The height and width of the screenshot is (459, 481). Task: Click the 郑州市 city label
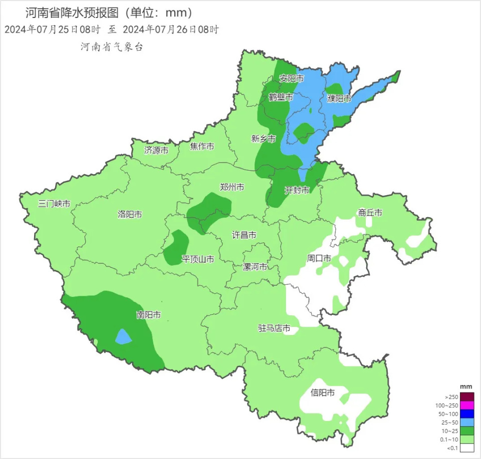click(232, 187)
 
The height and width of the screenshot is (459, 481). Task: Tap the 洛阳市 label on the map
click(130, 214)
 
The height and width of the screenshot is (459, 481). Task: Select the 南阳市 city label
click(149, 315)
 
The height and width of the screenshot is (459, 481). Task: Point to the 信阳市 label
click(323, 392)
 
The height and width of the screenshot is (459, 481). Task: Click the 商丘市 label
click(370, 213)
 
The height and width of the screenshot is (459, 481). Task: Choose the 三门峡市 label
click(54, 204)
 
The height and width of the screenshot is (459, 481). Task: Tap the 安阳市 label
click(292, 79)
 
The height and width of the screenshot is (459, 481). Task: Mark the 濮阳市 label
click(339, 98)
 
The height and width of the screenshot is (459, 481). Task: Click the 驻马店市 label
click(274, 328)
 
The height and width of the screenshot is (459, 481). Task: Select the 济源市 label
click(156, 150)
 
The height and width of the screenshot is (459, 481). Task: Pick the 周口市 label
click(319, 258)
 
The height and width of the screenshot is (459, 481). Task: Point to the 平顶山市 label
click(197, 259)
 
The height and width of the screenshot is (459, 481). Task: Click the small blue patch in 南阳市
click(123, 337)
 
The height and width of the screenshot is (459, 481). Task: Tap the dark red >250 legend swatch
click(467, 397)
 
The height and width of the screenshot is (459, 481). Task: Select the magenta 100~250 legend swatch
click(467, 405)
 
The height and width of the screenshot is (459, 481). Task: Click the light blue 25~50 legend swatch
click(467, 422)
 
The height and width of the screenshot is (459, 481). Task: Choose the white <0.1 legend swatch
click(467, 448)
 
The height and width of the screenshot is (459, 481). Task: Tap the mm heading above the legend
click(466, 387)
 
